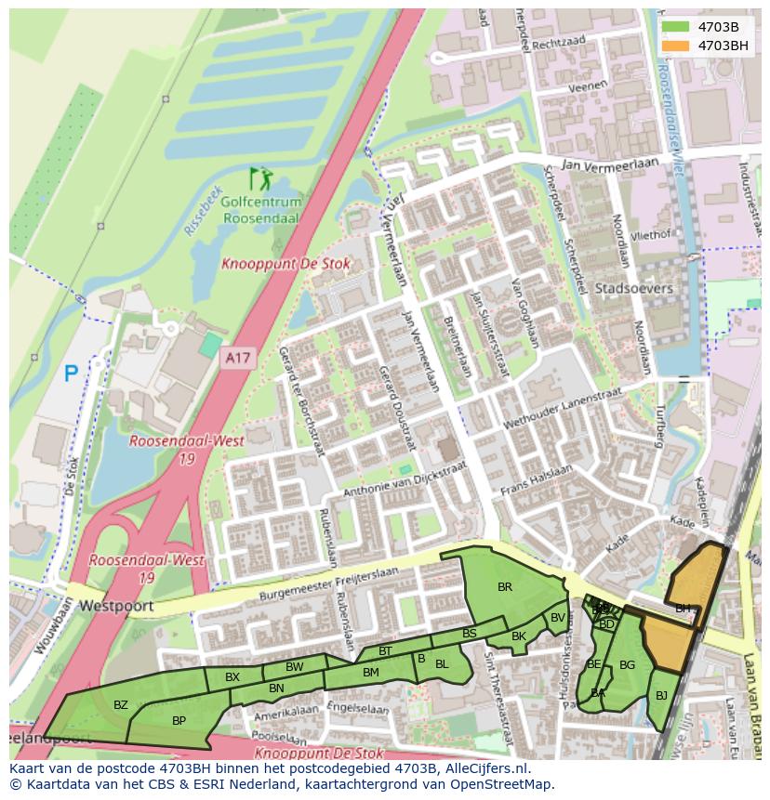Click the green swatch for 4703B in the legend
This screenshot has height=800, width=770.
coord(675,27)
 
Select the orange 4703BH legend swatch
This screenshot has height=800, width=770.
coord(675,46)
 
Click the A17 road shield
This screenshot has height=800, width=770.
coord(238,356)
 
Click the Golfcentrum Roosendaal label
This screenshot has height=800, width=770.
coord(261,211)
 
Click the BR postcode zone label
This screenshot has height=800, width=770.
coord(505,586)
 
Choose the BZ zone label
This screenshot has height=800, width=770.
coord(121,705)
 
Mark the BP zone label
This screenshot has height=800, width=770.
coord(179,720)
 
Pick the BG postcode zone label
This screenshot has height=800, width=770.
coord(627,664)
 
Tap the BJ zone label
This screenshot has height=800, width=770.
coord(661,695)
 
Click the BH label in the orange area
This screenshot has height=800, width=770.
coord(683,609)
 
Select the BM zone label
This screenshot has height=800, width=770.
coord(370,672)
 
